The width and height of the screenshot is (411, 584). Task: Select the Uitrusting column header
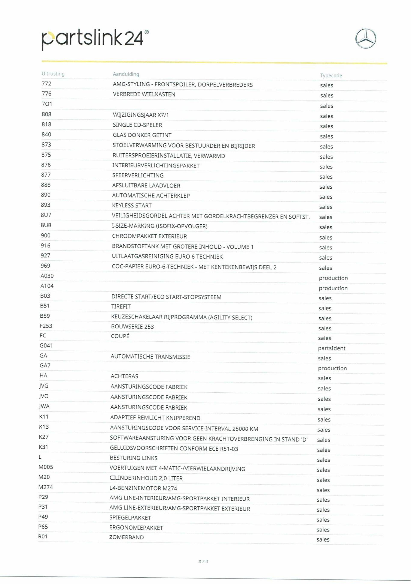(x=53, y=74)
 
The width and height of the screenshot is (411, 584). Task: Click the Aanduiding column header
(x=126, y=74)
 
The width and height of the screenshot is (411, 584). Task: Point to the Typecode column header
(x=331, y=75)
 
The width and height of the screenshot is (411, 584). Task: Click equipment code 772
(x=46, y=84)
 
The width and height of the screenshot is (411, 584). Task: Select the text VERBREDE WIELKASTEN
(x=144, y=94)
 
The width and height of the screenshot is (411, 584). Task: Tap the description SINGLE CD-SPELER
(x=137, y=125)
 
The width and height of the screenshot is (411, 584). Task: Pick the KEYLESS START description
(x=132, y=206)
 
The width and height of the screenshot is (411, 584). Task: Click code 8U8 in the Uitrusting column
(x=46, y=225)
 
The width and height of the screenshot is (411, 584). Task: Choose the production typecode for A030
(x=333, y=278)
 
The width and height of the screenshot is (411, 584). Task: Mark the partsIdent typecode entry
(x=332, y=348)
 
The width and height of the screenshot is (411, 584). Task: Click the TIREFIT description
(x=121, y=307)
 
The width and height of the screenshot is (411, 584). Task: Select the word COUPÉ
(x=120, y=336)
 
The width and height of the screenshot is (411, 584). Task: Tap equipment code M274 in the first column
(x=46, y=487)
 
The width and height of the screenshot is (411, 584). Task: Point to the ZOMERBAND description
(x=127, y=537)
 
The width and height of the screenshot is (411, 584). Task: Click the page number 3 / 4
(x=203, y=561)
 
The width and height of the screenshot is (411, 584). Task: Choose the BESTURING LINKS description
(x=134, y=458)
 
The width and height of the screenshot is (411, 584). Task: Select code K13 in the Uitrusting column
(x=44, y=427)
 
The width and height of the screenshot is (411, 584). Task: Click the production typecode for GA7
(x=332, y=368)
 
